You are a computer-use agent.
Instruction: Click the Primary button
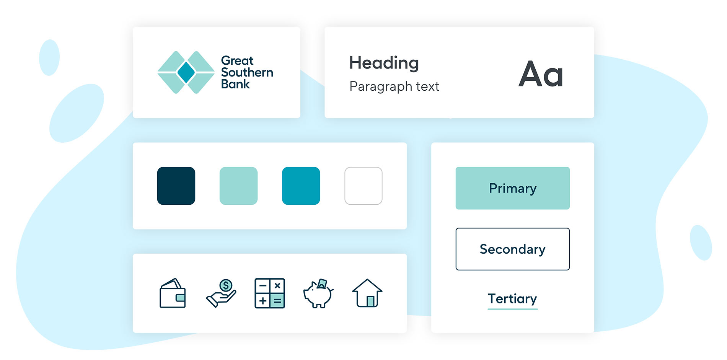coord(512,188)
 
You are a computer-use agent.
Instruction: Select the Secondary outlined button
coord(512,249)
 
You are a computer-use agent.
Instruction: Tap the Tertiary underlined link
coord(512,300)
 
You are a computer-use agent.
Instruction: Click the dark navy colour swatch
coord(176,186)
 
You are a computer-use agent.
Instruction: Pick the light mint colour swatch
coord(238,186)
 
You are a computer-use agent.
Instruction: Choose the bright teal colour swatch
coord(301,186)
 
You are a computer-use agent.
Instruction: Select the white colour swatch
coord(363,186)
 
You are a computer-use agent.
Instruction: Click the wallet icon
coord(173,293)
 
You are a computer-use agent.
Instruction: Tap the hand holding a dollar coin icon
coord(221,293)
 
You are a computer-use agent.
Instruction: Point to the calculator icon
coord(270,293)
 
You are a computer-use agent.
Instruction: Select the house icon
coord(367,293)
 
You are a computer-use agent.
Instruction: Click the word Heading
coord(384,63)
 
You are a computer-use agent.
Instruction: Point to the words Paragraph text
coord(394,86)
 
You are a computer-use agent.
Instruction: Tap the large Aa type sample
coord(541,74)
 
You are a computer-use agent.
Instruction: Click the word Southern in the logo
coord(247,72)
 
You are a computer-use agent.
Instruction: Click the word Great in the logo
coord(237,60)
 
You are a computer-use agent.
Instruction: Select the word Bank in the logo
coord(235,84)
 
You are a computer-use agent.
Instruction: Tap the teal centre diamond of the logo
coord(186,72)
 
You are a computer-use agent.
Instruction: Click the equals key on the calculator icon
coord(277,301)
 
